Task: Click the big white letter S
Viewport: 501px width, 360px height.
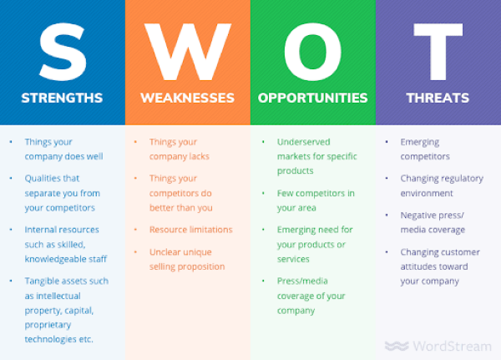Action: pos(63,52)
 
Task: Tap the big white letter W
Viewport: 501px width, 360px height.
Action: pos(188,52)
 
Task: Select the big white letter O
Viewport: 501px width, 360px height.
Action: pos(313,52)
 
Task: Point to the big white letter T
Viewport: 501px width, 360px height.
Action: pos(438,52)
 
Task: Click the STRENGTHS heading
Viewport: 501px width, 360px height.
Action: pos(62,98)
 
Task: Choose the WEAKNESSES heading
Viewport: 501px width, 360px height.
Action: pos(188,98)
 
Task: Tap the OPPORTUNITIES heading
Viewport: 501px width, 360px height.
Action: pos(313,98)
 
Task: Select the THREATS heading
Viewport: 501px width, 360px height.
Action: pos(438,98)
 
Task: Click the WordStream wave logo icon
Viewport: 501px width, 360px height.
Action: pos(397,346)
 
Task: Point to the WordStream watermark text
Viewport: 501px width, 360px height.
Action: pos(452,346)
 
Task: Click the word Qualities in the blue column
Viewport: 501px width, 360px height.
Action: pos(39,179)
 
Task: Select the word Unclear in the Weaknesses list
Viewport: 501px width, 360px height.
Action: pos(162,252)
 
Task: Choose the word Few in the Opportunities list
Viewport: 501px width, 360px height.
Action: pos(285,193)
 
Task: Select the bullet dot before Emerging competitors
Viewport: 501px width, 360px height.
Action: pos(387,142)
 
